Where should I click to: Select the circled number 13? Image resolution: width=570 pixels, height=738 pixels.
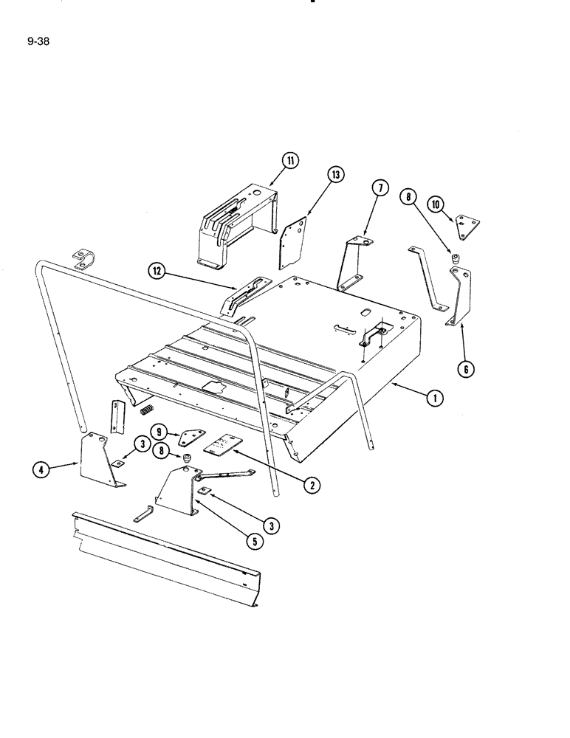click(336, 175)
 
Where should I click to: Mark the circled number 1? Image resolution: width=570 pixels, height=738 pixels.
click(437, 399)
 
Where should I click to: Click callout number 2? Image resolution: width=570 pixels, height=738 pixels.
click(314, 485)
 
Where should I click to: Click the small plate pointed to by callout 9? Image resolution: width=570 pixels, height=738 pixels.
click(191, 438)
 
